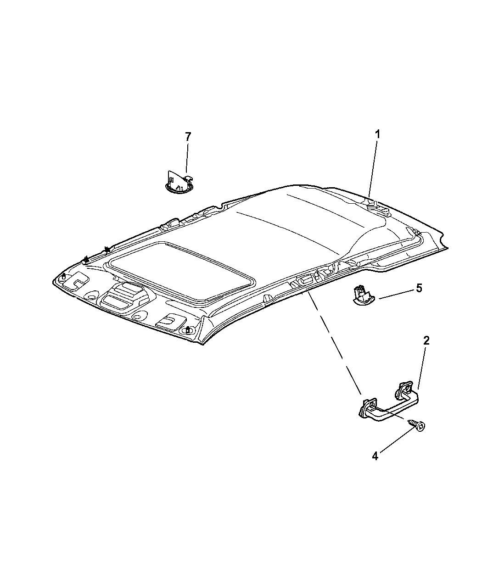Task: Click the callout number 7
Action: [x=188, y=137]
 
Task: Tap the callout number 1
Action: [x=378, y=134]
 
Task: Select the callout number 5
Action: [x=419, y=288]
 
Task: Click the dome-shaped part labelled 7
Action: [x=179, y=182]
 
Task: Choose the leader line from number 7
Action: [x=187, y=158]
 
